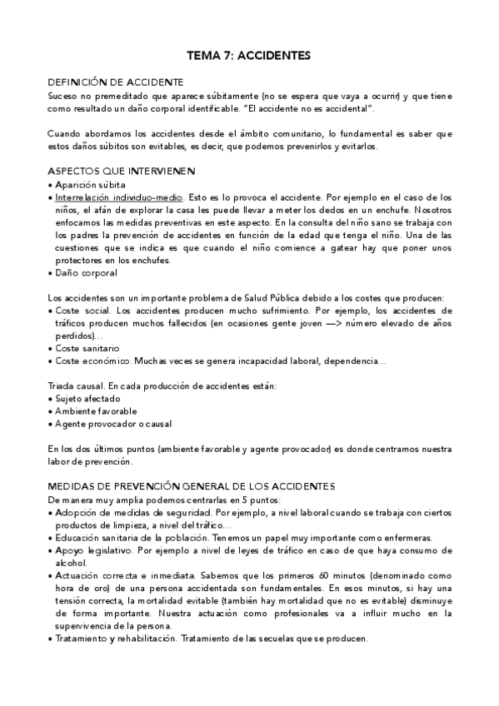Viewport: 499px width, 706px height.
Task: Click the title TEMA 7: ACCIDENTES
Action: pos(249,56)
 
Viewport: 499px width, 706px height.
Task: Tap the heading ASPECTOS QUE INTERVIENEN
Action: pos(122,172)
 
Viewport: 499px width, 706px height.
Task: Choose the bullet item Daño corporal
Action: pos(86,272)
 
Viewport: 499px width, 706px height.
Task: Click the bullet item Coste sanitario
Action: pos(87,348)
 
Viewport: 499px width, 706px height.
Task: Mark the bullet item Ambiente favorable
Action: pos(97,411)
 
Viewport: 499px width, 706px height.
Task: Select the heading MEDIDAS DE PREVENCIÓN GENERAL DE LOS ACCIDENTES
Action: pos(179,486)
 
